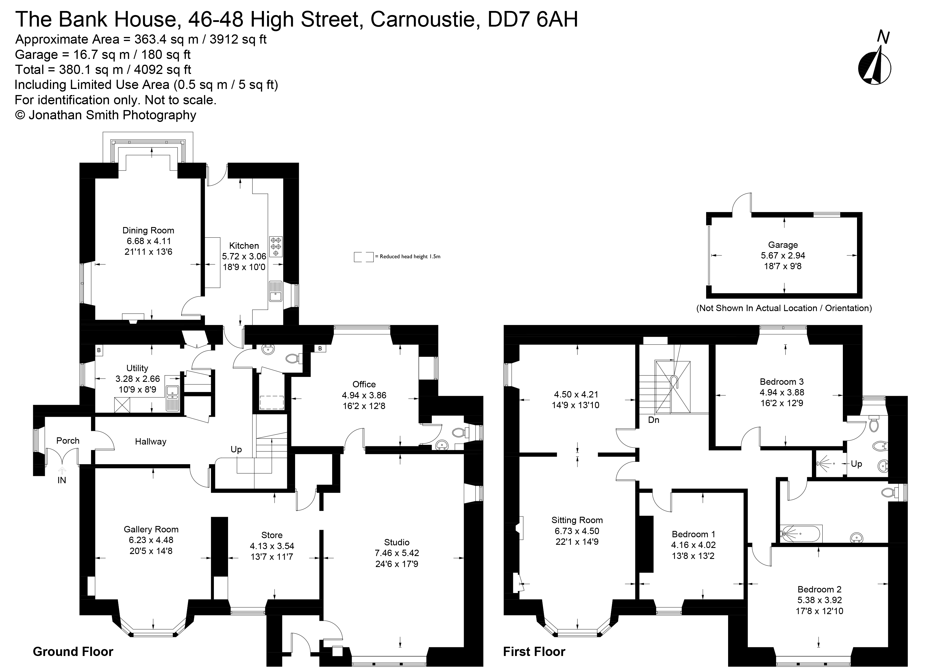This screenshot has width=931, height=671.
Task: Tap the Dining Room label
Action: coord(148,231)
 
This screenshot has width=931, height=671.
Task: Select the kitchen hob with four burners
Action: coord(276,246)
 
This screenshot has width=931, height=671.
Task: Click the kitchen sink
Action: coord(275,291)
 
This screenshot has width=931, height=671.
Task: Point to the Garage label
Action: coord(783,245)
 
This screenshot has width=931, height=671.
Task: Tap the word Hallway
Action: coord(151,442)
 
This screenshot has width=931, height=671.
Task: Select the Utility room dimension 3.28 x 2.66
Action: coord(138,379)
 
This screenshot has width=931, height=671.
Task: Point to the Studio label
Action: coord(397,542)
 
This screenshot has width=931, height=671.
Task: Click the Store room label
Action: coord(272,535)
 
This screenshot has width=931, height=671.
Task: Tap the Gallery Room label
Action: coord(151,529)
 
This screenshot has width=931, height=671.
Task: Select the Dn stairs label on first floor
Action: coord(654,420)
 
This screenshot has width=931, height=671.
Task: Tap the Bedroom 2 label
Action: coord(819,589)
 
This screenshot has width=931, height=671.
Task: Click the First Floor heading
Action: coord(534,652)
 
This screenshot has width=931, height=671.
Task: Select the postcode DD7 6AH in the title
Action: coord(532,19)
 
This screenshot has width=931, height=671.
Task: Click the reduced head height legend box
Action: coord(364,257)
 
